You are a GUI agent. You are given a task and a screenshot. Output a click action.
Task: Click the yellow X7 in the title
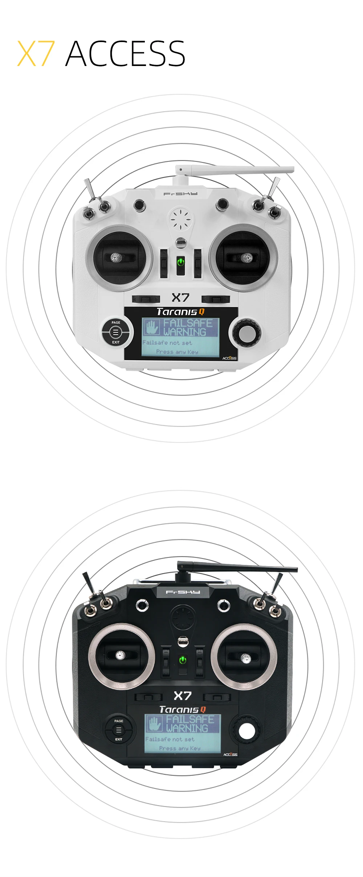[x=36, y=54]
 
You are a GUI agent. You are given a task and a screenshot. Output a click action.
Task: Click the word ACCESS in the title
[x=125, y=54]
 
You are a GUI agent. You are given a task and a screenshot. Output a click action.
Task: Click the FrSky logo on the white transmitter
[x=180, y=194]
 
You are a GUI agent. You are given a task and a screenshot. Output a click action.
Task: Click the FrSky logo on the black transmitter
[x=183, y=592]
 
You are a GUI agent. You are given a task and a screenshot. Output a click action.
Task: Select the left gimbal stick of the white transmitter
[x=116, y=258]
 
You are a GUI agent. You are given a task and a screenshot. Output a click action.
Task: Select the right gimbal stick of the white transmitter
[x=247, y=258]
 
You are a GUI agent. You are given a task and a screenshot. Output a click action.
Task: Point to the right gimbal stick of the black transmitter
[x=245, y=657]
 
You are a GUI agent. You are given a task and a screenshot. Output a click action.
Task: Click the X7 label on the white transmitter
[x=180, y=298]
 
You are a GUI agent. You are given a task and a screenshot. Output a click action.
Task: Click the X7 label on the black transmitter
[x=182, y=696]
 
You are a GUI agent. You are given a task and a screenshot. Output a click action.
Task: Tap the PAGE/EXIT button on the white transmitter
[x=115, y=332]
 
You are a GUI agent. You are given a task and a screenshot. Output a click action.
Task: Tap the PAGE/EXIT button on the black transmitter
[x=119, y=730]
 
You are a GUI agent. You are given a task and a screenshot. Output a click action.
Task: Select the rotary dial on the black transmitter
[x=247, y=730]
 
